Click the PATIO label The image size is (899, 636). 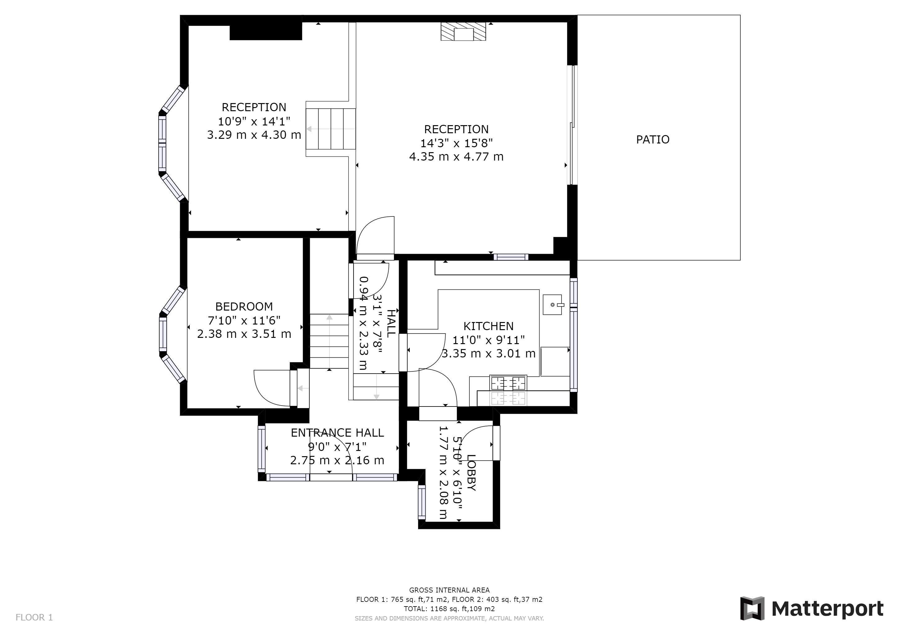click(x=653, y=139)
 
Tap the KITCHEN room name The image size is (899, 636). click(x=488, y=326)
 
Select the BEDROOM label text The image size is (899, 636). click(x=244, y=306)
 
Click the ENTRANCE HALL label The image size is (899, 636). click(x=337, y=432)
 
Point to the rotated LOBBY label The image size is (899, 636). click(x=472, y=472)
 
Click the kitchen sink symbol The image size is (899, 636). click(x=553, y=305)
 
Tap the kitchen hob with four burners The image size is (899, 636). click(x=508, y=383)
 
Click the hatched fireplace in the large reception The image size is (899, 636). click(x=463, y=31)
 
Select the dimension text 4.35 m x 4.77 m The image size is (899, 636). click(x=456, y=157)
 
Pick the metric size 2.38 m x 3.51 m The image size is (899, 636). click(x=244, y=334)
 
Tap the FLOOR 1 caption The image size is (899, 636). click(x=34, y=618)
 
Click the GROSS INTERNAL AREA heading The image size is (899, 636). click(x=449, y=590)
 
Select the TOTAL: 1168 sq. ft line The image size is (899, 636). click(x=449, y=609)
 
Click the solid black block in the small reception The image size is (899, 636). click(x=265, y=31)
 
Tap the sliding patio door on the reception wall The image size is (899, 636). click(x=572, y=125)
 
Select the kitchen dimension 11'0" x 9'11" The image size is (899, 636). click(x=488, y=340)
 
